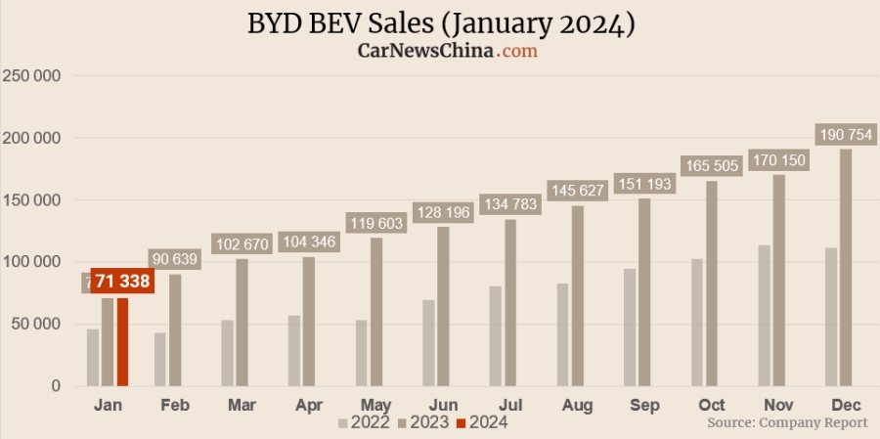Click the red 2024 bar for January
[122, 341]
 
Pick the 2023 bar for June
[443, 306]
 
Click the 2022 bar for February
[159, 359]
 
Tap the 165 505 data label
[712, 166]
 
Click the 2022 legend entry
[365, 422]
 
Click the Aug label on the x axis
[578, 405]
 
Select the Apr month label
[309, 405]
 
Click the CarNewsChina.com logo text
[448, 51]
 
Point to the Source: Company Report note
[787, 422]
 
